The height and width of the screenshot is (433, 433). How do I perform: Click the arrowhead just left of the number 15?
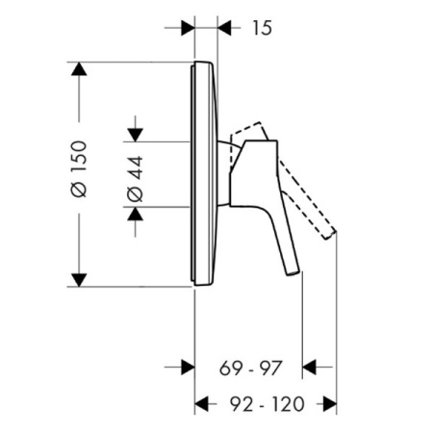coord(227,27)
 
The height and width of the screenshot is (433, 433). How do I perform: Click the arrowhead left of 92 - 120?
coord(203,403)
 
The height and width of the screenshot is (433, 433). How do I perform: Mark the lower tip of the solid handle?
coord(293,272)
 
